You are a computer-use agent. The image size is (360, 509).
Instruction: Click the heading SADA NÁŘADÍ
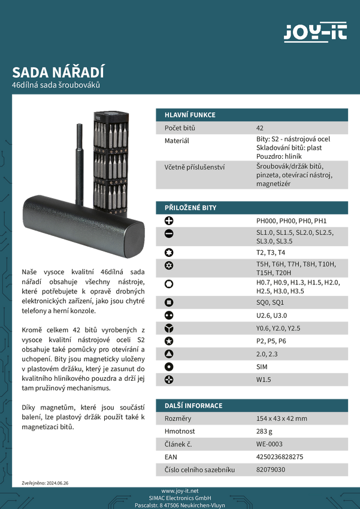pyautogui.click(x=58, y=72)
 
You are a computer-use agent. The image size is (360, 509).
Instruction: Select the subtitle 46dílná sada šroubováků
pyautogui.click(x=56, y=86)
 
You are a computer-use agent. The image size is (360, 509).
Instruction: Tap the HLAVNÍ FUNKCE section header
pyautogui.click(x=190, y=114)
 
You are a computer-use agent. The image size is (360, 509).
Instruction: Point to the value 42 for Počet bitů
pyautogui.click(x=259, y=128)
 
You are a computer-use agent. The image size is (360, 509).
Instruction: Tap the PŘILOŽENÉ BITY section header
pyautogui.click(x=190, y=208)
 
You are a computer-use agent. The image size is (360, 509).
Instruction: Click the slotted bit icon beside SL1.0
pyautogui.click(x=169, y=234)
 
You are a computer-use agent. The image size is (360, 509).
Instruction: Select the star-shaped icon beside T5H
pyautogui.click(x=169, y=265)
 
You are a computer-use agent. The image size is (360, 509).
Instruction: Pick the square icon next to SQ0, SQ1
pyautogui.click(x=169, y=302)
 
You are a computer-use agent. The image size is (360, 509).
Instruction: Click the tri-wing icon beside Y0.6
pyautogui.click(x=169, y=328)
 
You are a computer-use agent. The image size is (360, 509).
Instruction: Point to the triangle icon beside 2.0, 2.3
pyautogui.click(x=169, y=354)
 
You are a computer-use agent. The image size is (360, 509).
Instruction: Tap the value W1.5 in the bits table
pyautogui.click(x=264, y=380)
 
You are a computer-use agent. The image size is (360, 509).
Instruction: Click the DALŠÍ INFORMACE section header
pyautogui.click(x=193, y=405)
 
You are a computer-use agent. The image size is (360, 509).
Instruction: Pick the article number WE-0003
pyautogui.click(x=269, y=444)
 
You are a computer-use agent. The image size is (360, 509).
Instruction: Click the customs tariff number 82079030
pyautogui.click(x=270, y=470)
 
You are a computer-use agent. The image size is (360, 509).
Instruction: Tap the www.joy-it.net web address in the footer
pyautogui.click(x=180, y=491)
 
